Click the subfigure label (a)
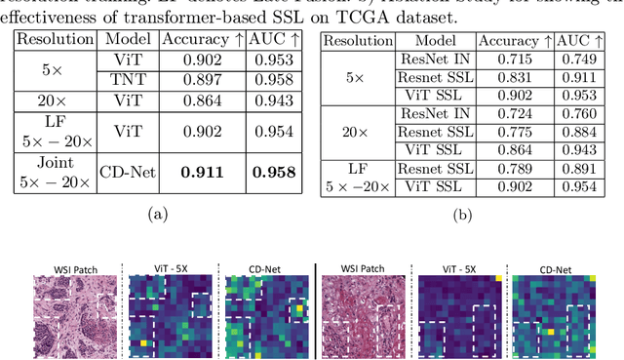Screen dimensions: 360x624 (x=154, y=211)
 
